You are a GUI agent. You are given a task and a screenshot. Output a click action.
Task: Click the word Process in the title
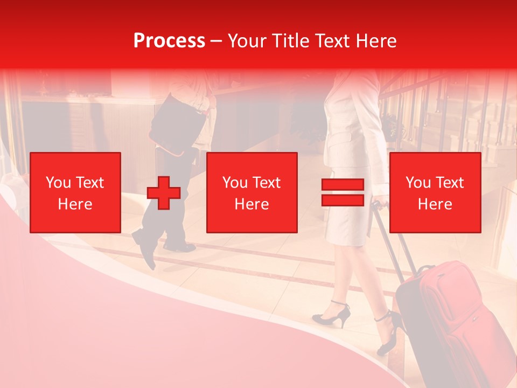point(169,41)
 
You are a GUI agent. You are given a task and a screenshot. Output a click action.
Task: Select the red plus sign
point(164,193)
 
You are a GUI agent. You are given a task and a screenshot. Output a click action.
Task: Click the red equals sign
point(343,192)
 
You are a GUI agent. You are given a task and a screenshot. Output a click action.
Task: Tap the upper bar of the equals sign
point(343,185)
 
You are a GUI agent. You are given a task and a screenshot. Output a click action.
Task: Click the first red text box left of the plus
point(75,192)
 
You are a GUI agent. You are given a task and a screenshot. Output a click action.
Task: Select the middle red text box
point(251,192)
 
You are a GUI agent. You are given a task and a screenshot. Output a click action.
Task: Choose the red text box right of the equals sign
point(435,192)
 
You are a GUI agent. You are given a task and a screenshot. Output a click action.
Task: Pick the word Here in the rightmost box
point(435,204)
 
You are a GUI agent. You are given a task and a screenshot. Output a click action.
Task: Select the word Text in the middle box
point(266,183)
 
